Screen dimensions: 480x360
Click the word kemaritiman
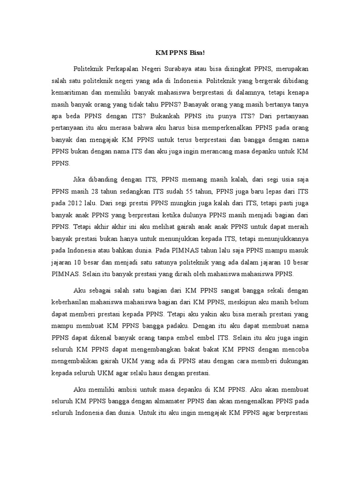click(x=70, y=93)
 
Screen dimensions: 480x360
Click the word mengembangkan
click(x=146, y=349)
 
